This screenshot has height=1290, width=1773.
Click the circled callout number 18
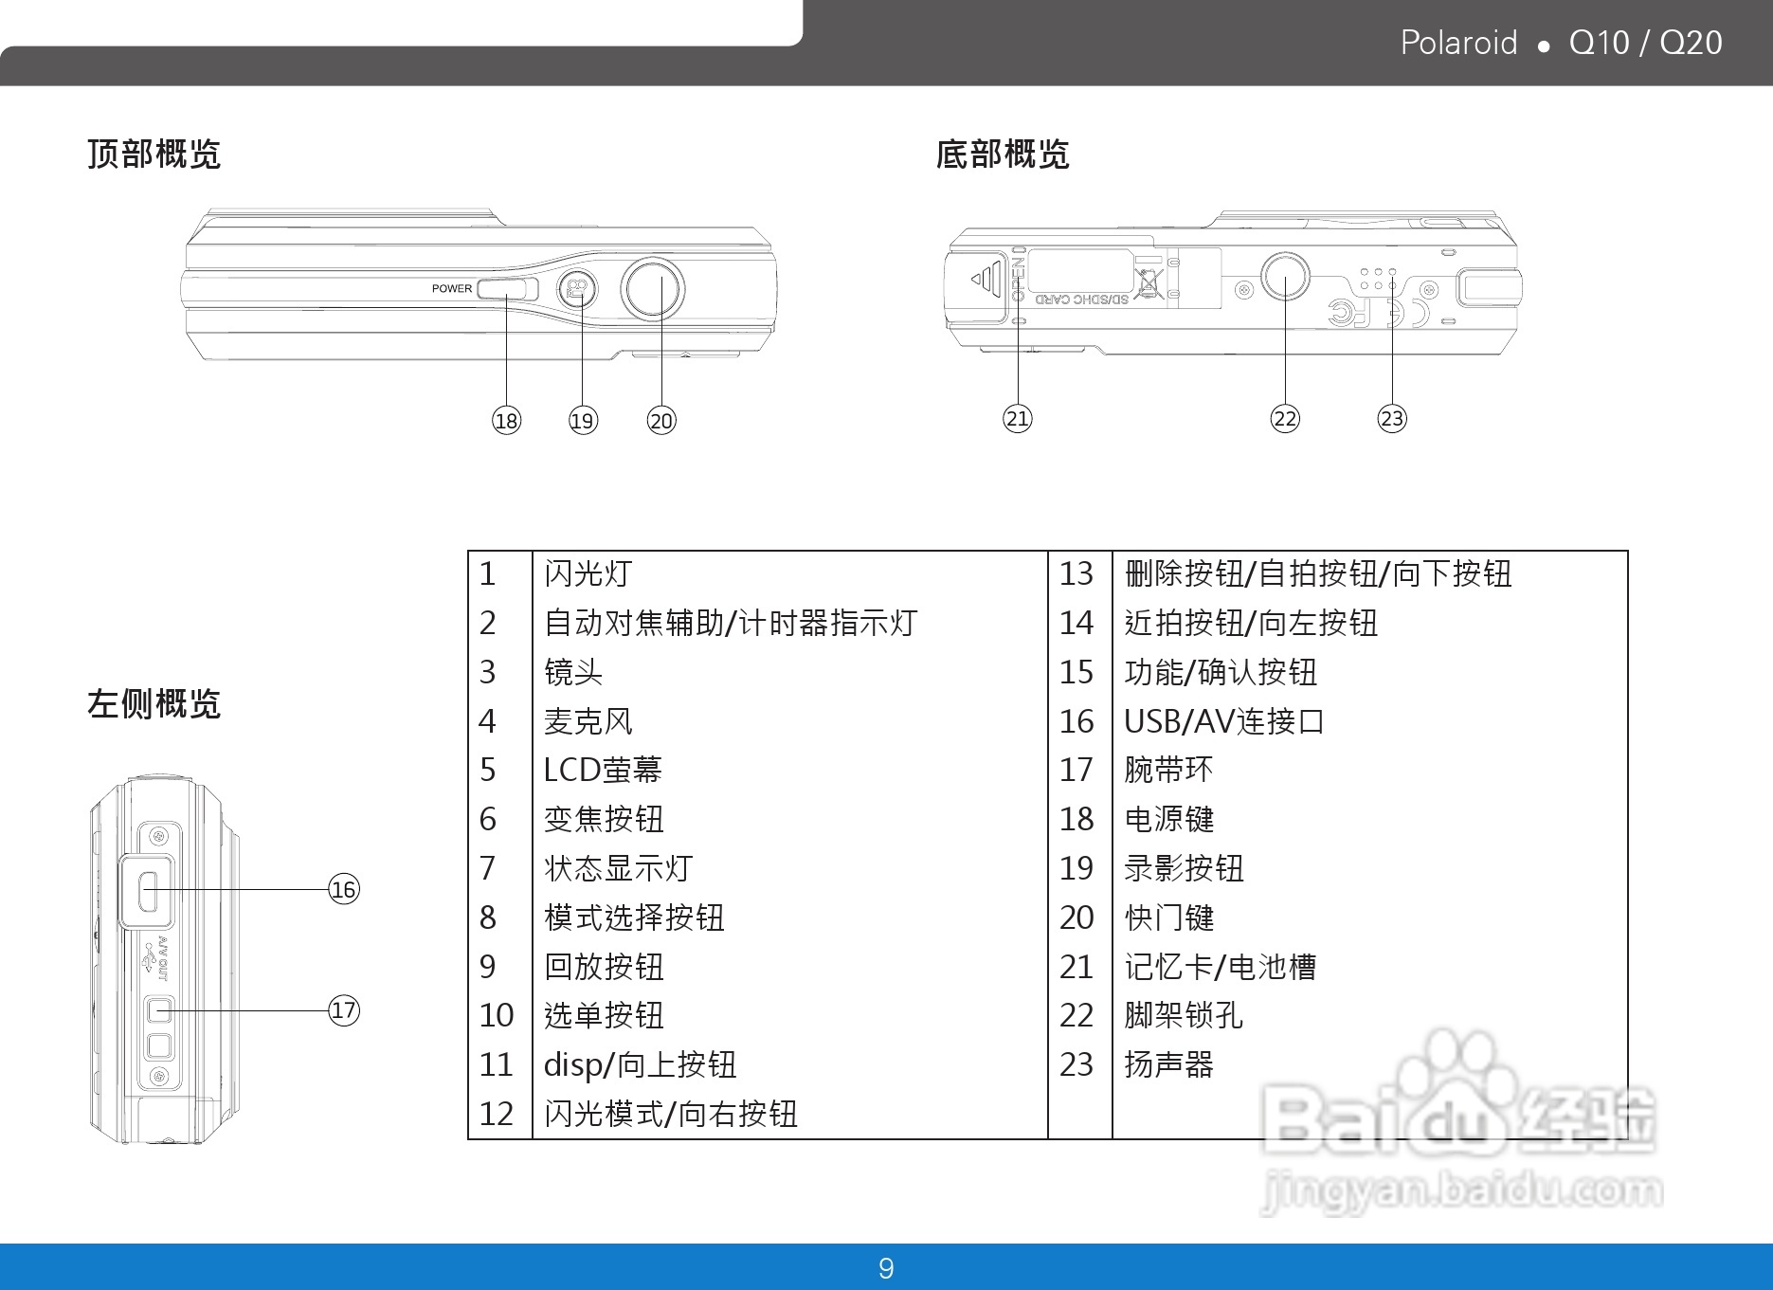click(507, 420)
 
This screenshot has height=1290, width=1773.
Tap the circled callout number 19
click(583, 420)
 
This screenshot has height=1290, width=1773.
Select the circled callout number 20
click(661, 420)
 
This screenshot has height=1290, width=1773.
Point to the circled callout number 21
click(1018, 418)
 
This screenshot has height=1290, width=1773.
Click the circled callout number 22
click(1285, 418)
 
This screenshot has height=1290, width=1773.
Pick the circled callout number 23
click(1392, 418)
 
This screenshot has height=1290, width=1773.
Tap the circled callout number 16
click(344, 889)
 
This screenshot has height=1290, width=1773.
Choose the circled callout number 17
click(344, 1009)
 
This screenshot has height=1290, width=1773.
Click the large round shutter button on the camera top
click(653, 288)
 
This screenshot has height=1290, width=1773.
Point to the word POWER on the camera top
click(452, 289)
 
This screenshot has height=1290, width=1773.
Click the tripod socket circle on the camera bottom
click(1285, 278)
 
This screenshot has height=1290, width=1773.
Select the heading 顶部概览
click(154, 154)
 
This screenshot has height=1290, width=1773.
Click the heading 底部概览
click(1003, 154)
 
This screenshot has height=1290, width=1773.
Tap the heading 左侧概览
click(154, 704)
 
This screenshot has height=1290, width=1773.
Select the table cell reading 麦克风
click(588, 721)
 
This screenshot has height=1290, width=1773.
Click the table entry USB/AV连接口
click(1223, 721)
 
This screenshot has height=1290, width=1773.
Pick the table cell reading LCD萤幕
click(603, 770)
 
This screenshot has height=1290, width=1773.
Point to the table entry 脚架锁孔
click(1183, 1015)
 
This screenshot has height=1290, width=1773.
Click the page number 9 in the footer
click(886, 1268)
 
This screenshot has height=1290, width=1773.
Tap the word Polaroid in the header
click(1458, 43)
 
